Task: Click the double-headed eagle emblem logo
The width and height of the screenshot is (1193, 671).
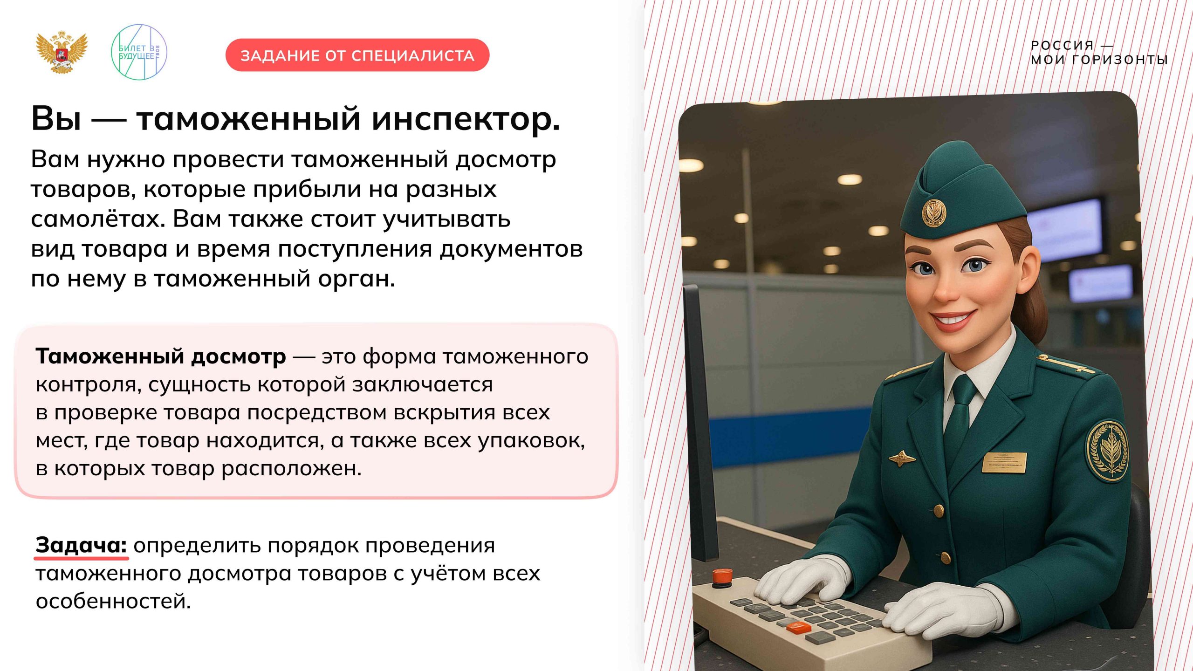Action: click(62, 52)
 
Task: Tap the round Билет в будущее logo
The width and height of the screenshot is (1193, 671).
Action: click(138, 52)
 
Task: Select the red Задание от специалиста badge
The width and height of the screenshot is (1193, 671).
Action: click(357, 55)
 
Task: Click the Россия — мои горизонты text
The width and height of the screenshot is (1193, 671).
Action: click(1099, 52)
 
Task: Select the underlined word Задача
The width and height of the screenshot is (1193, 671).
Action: click(81, 545)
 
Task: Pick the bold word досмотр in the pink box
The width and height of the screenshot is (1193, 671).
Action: click(238, 356)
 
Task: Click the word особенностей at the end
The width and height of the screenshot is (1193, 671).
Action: click(113, 601)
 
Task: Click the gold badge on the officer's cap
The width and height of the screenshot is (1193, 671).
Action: click(934, 213)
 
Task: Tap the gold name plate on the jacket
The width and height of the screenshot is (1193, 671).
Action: click(1004, 462)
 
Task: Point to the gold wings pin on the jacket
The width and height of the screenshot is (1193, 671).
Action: click(902, 458)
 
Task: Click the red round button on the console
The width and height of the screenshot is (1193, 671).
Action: click(722, 576)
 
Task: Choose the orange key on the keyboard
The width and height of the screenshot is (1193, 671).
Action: click(798, 627)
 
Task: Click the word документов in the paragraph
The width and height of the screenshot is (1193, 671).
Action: click(511, 249)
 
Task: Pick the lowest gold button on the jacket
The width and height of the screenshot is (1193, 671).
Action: click(946, 557)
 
